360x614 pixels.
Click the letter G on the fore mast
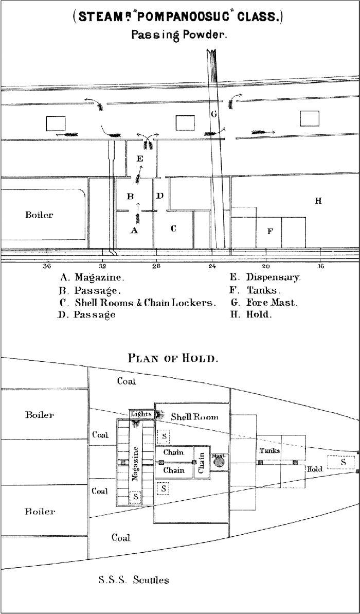(x=214, y=113)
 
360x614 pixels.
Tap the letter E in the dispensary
(x=140, y=159)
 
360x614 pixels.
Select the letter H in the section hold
(x=318, y=201)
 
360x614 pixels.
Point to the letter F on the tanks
(x=269, y=232)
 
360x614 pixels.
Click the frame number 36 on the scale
(x=47, y=266)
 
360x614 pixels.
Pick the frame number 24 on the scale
(x=212, y=266)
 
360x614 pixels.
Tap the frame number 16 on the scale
(x=320, y=266)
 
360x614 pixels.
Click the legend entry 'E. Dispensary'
(x=265, y=277)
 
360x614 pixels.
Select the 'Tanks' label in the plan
(x=269, y=450)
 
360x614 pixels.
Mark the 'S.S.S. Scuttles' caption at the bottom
(x=133, y=581)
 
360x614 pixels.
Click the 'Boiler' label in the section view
(x=39, y=215)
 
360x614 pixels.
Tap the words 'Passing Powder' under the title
(x=179, y=35)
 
